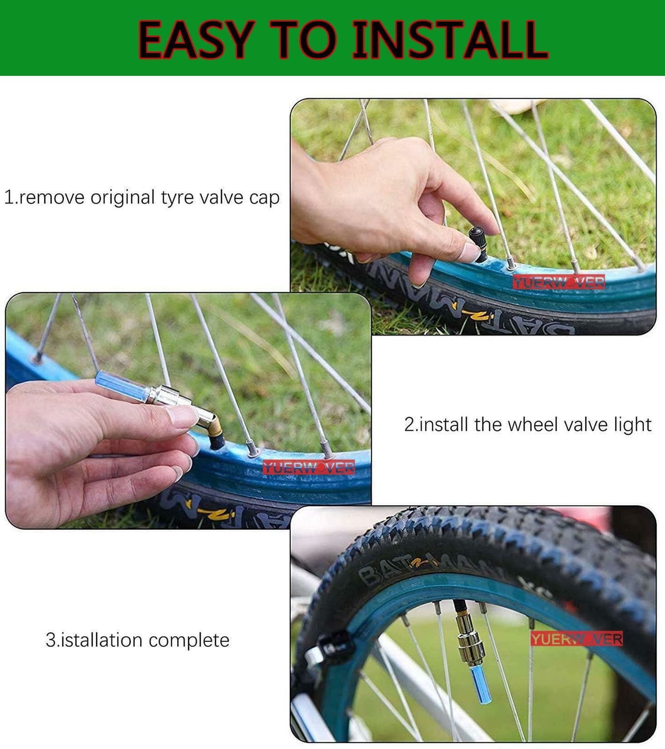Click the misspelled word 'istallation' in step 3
[x=102, y=639]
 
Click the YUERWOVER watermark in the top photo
[x=558, y=282]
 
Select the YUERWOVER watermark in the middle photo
[x=309, y=467]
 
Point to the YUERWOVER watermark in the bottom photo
[x=576, y=639]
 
